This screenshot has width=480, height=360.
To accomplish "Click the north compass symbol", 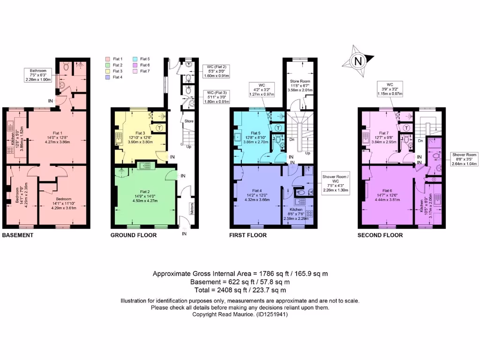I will click(x=359, y=60).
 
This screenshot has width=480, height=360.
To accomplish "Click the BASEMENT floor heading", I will click(x=18, y=235).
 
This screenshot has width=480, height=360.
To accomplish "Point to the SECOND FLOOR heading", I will click(x=380, y=235).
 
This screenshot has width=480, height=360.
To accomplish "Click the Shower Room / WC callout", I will click(x=335, y=184).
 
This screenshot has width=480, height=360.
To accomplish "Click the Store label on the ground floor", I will click(x=188, y=121).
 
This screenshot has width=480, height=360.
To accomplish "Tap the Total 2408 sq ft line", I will click(x=240, y=291).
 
